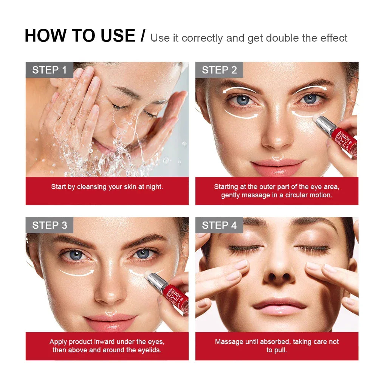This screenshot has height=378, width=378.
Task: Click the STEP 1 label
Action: pyautogui.click(x=50, y=70)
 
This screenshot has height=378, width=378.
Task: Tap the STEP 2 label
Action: pyautogui.click(x=219, y=70)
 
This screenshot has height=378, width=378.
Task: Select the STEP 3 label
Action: pyautogui.click(x=50, y=225)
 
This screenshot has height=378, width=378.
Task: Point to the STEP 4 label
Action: pyautogui.click(x=219, y=225)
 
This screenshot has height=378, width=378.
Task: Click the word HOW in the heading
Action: pyautogui.click(x=43, y=36)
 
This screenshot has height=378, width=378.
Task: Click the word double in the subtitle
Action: pyautogui.click(x=282, y=38)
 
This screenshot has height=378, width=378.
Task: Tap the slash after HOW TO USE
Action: pyautogui.click(x=143, y=36)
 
